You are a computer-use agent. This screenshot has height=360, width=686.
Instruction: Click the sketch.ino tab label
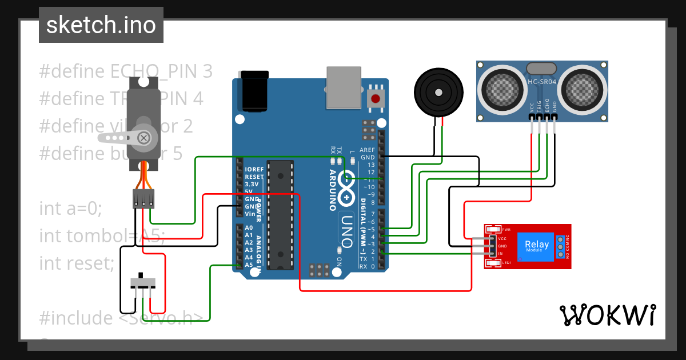click(x=101, y=25)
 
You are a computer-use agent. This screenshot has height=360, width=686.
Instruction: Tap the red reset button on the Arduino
click(x=376, y=98)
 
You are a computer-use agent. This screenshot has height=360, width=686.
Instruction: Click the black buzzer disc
click(x=438, y=91)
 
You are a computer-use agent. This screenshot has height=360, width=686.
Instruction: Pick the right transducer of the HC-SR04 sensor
click(x=583, y=89)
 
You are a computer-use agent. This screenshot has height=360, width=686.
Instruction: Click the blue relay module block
click(x=537, y=246)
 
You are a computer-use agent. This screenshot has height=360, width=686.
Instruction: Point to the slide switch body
click(x=143, y=282)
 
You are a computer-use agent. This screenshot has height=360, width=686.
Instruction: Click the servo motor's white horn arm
click(x=126, y=137)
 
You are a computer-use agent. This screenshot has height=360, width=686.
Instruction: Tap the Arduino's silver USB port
click(x=344, y=87)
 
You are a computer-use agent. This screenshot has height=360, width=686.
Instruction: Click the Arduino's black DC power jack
click(x=254, y=90)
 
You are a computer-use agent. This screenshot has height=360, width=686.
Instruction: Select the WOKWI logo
click(x=607, y=315)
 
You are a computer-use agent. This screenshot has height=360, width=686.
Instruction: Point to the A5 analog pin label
click(x=248, y=265)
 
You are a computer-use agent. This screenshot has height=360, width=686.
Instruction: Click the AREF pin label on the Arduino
click(x=367, y=150)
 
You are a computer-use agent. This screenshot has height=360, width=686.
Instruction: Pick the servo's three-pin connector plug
click(x=143, y=198)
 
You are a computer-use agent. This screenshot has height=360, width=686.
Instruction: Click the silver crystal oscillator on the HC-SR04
click(x=541, y=68)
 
